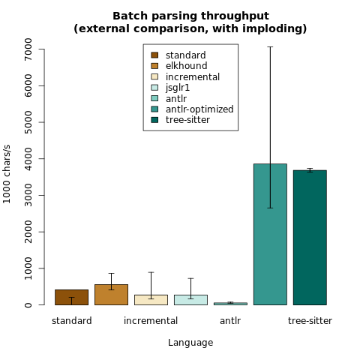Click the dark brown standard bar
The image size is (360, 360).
[71, 297]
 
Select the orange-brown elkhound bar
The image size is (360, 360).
[111, 295]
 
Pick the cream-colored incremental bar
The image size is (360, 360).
[151, 300]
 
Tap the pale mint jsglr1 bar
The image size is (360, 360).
[190, 300]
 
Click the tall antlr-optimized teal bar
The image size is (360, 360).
[270, 234]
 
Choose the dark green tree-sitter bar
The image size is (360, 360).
[310, 238]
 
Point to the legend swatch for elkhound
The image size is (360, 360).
[154, 66]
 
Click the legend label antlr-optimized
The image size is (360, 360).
[199, 109]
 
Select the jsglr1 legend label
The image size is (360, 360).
[178, 88]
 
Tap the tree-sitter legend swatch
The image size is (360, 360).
[154, 120]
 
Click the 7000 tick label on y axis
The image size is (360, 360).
[28, 49]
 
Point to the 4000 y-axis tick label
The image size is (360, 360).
[28, 159]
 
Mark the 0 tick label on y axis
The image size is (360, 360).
[28, 305]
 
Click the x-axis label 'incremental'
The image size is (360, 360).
[151, 321]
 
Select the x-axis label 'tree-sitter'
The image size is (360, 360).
[310, 321]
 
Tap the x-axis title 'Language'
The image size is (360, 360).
[190, 343]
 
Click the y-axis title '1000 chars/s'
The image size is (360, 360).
[7, 174]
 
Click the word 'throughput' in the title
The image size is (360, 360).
[235, 16]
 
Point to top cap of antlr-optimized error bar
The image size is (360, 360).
[270, 46]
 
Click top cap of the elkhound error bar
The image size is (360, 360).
[111, 273]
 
